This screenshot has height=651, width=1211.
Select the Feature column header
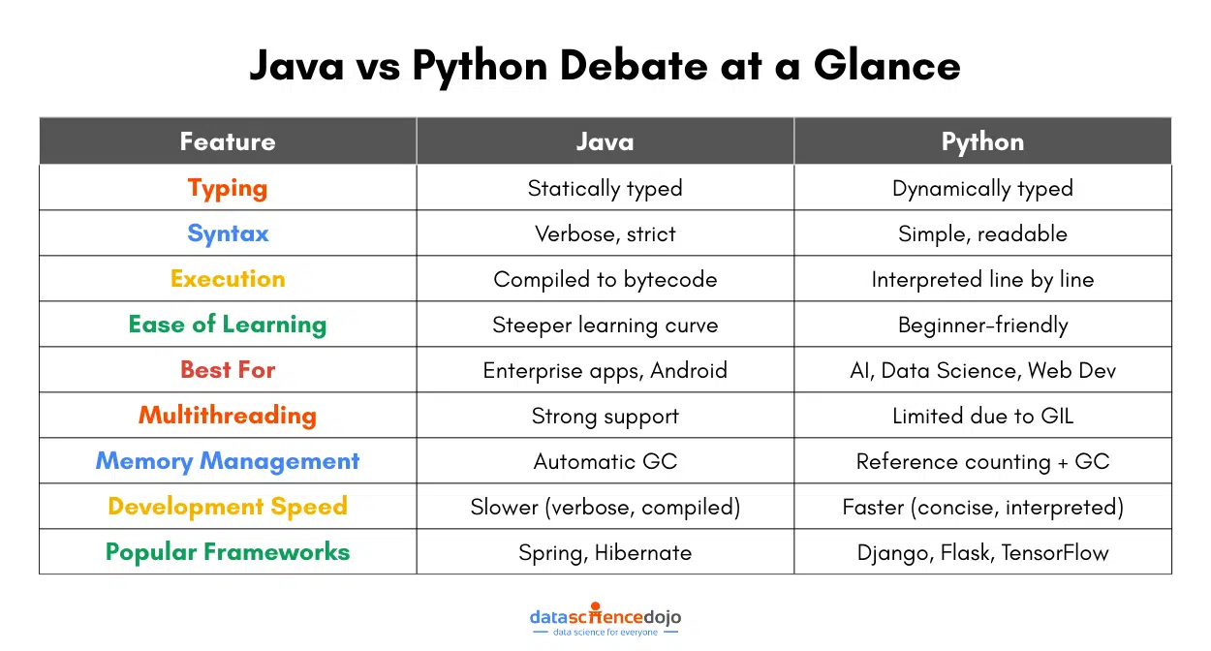coord(228,141)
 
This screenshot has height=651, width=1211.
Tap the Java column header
coord(605,141)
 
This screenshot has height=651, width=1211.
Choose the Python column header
coord(982,141)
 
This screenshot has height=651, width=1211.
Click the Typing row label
coord(228,188)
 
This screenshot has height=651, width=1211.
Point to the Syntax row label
coord(228,233)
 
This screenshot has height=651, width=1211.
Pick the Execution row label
coord(228,279)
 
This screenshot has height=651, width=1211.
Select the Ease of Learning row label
coord(228,325)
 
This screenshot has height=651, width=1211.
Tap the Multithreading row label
coord(228,416)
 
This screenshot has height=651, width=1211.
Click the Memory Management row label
coord(228,461)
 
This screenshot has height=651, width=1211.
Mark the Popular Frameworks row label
coord(228,552)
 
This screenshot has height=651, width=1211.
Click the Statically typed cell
coord(605,188)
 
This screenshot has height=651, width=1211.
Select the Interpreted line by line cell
coord(982,280)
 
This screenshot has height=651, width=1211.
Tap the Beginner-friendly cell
coord(982,325)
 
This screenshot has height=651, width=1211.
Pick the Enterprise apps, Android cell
coord(605,371)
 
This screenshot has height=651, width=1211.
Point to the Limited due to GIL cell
coord(982,417)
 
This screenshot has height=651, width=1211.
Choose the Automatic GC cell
coord(605,462)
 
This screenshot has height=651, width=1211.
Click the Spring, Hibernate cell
coord(605,553)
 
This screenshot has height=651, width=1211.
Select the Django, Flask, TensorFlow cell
coord(982,553)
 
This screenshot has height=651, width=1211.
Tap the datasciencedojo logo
coord(605,620)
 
